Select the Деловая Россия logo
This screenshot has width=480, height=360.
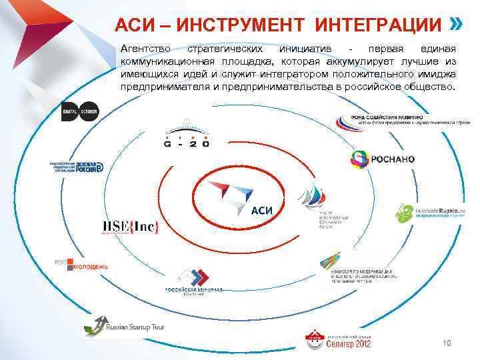coord(77,167)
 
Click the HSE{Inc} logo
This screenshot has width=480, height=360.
coord(130,227)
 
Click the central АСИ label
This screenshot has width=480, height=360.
coord(263,211)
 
